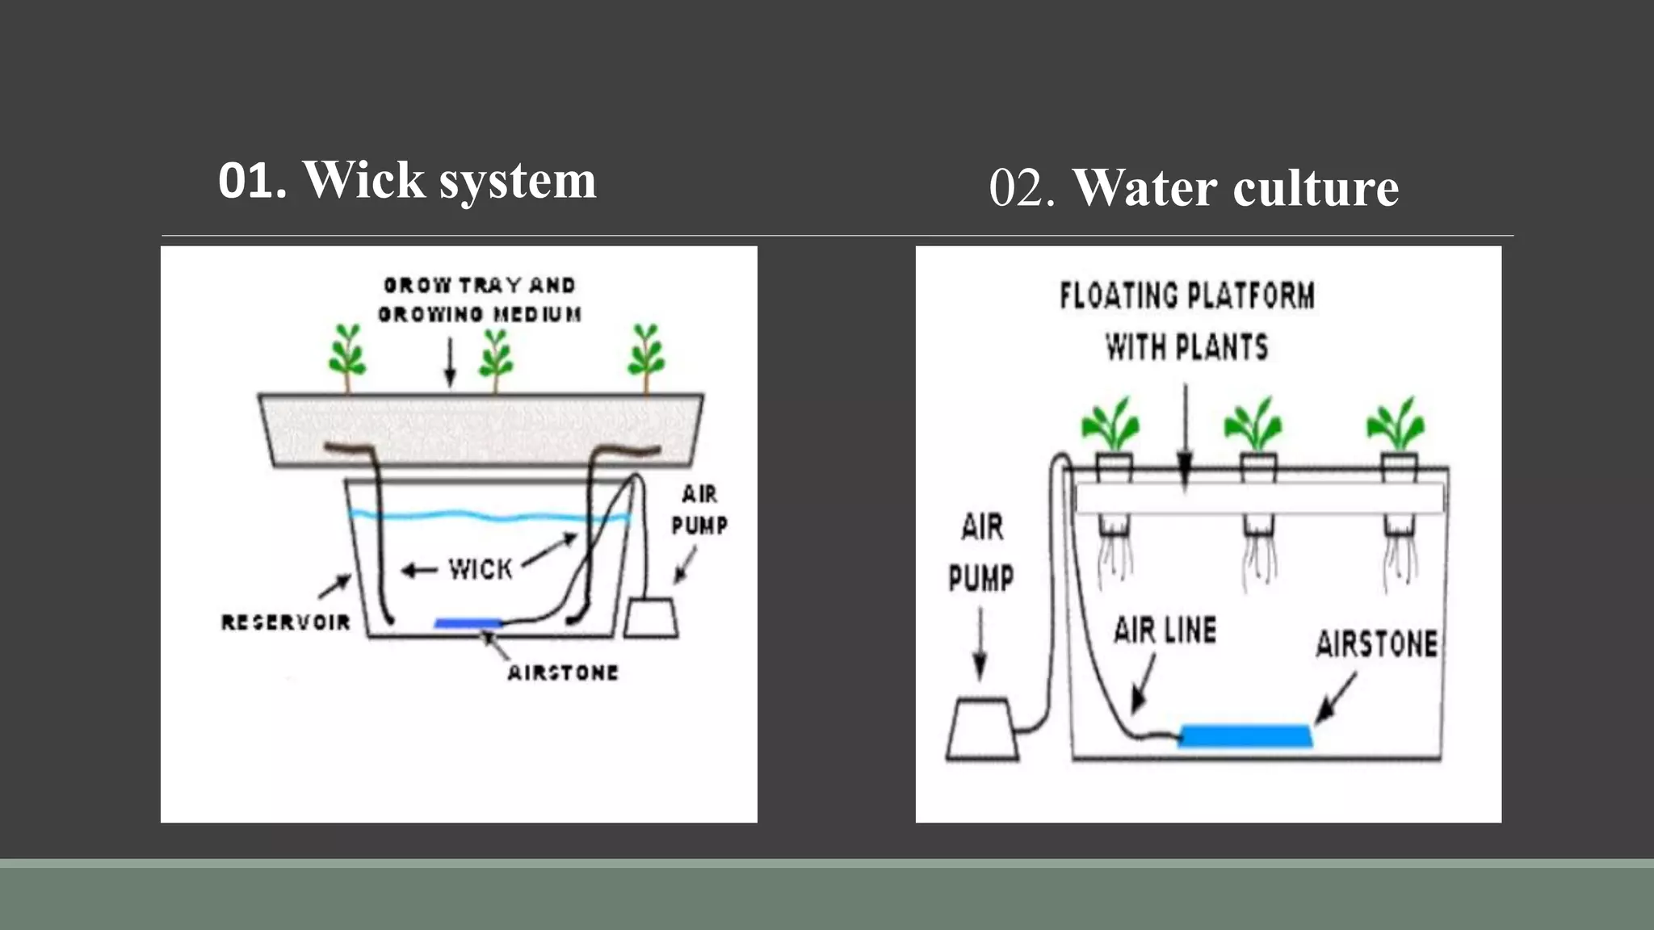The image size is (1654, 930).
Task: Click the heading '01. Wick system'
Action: click(407, 180)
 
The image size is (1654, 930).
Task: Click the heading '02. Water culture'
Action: click(1194, 188)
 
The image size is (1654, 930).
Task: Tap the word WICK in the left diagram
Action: click(481, 570)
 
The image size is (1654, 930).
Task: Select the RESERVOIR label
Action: click(286, 622)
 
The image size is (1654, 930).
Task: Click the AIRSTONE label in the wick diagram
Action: click(563, 672)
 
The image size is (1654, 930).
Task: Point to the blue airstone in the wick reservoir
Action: click(468, 623)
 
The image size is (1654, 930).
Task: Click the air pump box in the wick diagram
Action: click(651, 618)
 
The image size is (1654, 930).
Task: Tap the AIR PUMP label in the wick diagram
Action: click(699, 509)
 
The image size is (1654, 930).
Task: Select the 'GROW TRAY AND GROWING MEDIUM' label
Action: click(480, 300)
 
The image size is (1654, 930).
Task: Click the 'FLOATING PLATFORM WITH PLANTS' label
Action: click(1186, 321)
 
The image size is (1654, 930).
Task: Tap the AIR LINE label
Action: click(1165, 630)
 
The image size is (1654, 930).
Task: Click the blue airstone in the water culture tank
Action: click(1245, 735)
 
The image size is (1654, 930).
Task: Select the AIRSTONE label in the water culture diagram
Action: click(1376, 644)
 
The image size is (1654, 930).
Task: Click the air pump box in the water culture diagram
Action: click(982, 730)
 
